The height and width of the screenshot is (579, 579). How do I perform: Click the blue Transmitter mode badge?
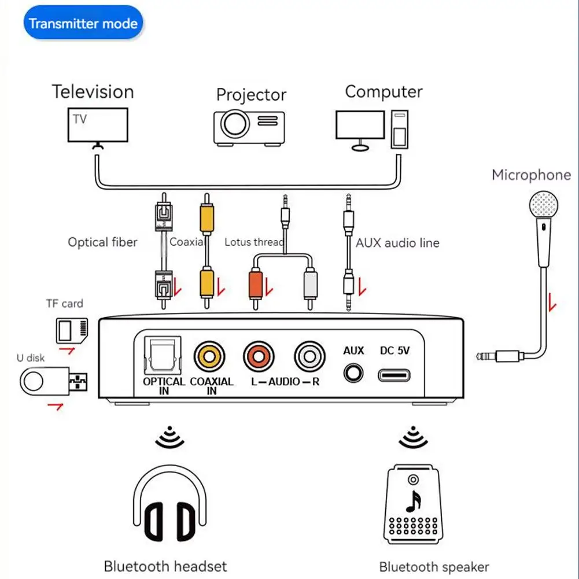tap(83, 24)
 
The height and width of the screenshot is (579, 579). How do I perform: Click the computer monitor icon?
tap(360, 125)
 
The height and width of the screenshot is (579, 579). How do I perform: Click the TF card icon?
tap(73, 330)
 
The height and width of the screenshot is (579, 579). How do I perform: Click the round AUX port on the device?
tap(353, 373)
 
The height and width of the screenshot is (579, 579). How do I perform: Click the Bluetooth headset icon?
tap(170, 506)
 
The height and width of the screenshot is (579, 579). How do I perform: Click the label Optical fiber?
tap(102, 242)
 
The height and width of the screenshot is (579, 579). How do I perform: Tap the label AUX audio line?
tap(397, 243)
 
